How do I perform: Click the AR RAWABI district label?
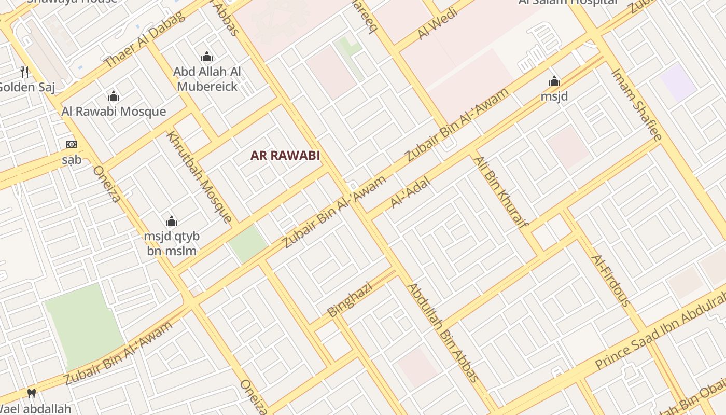[x=285, y=155]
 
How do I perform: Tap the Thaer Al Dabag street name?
[x=144, y=39]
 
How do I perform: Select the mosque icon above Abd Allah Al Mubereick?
[x=207, y=57]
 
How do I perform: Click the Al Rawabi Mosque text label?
[x=114, y=111]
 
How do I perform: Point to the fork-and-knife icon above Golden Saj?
[x=24, y=72]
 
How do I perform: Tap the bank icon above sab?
[x=72, y=144]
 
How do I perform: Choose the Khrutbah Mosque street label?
[x=199, y=176]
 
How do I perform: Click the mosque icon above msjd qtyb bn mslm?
[x=172, y=222]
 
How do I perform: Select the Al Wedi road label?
[x=438, y=23]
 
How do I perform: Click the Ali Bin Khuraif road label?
[x=500, y=192]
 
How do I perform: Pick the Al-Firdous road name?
[x=611, y=280]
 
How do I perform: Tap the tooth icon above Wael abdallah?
[x=32, y=393]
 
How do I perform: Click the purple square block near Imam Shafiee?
[x=678, y=82]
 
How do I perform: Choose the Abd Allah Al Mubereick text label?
[x=207, y=79]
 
